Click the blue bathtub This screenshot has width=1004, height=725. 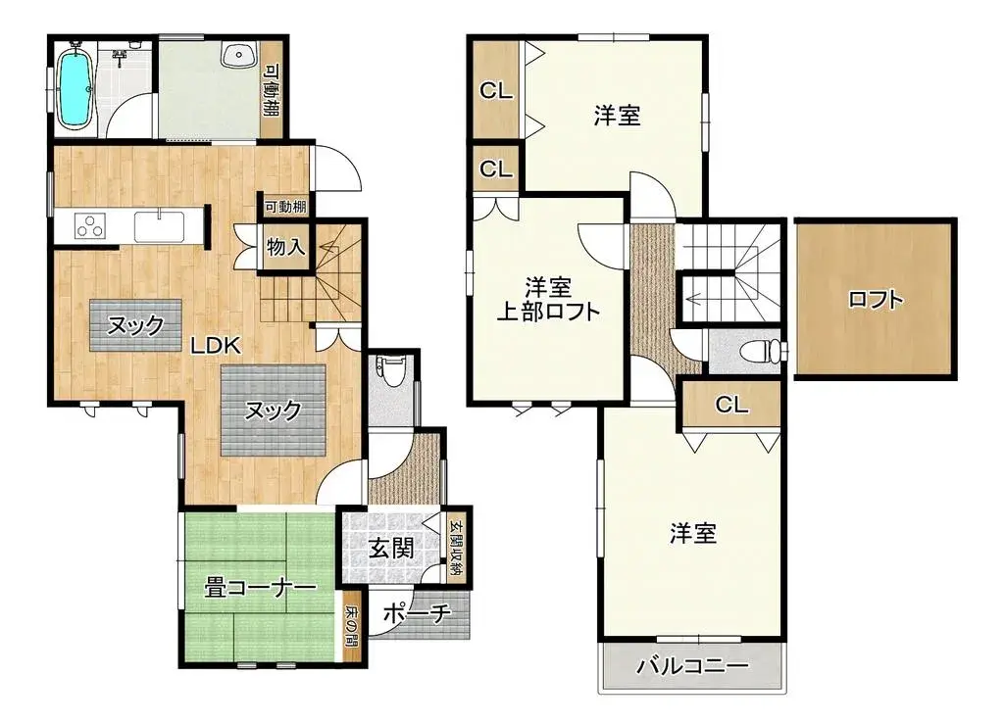tap(75, 89)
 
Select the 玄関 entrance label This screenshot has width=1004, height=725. tap(389, 549)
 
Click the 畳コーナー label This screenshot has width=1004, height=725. tap(260, 588)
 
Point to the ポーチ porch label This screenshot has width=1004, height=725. tap(416, 614)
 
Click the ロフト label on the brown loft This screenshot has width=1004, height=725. tap(876, 300)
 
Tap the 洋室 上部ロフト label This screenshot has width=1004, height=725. tap(547, 300)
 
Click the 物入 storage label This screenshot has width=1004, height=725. tap(285, 247)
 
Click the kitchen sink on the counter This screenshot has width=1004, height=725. tap(157, 225)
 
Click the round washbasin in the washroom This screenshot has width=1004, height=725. tap(235, 56)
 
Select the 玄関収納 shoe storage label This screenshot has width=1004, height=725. tap(456, 547)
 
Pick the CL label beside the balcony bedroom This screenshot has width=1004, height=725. tap(730, 404)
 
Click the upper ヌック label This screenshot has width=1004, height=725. tap(134, 324)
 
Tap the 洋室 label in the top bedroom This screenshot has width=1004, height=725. tap(618, 116)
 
